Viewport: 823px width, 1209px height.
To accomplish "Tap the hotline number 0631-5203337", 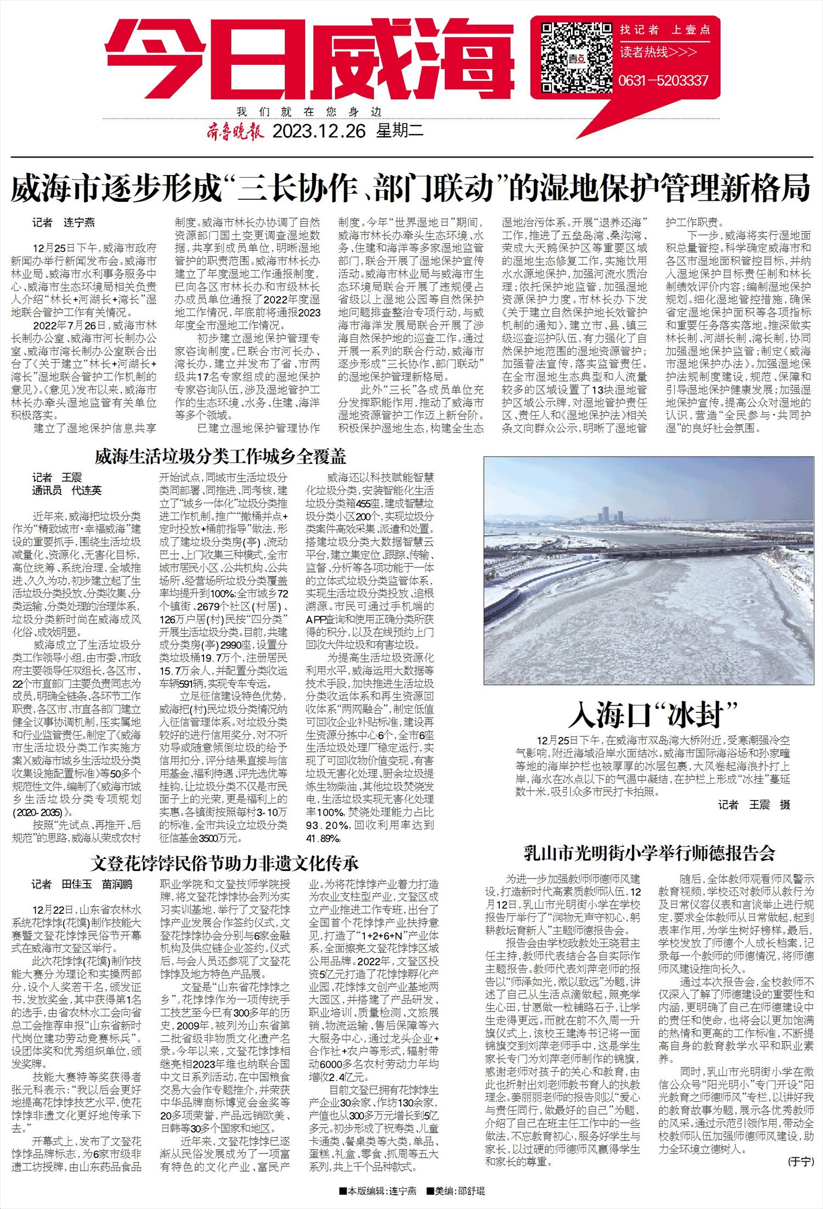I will click(x=663, y=81).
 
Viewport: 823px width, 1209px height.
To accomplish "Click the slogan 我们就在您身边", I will click(x=309, y=111).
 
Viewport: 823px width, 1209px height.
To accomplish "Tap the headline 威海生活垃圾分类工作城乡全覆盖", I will click(x=221, y=457).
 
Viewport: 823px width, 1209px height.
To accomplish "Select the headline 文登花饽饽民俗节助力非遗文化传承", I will click(x=224, y=863).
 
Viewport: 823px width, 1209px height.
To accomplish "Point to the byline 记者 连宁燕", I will click(x=63, y=222).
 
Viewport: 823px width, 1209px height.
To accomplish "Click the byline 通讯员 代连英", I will click(x=67, y=490).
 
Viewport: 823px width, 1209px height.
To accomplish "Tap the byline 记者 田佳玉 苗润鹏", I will click(x=82, y=884).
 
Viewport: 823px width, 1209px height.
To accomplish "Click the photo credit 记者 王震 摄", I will click(x=754, y=805).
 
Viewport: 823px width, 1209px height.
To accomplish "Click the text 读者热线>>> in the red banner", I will click(x=658, y=52).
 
